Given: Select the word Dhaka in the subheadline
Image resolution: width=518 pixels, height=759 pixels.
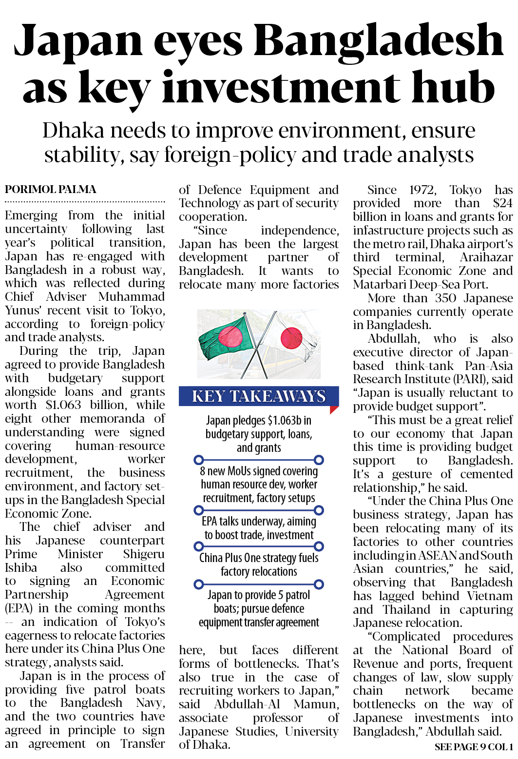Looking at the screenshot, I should pyautogui.click(x=73, y=131).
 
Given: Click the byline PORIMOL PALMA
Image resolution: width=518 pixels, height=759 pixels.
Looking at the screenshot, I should pyautogui.click(x=51, y=189).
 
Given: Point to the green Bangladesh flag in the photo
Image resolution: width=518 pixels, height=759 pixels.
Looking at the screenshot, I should pyautogui.click(x=225, y=336).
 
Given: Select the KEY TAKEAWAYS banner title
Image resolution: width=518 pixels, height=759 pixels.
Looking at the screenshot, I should pyautogui.click(x=258, y=396).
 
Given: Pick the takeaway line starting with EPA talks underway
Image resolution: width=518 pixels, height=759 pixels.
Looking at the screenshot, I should pyautogui.click(x=259, y=522).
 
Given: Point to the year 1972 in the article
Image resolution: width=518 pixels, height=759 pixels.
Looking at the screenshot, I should pyautogui.click(x=422, y=190).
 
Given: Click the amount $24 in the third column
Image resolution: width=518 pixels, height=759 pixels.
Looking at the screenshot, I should pyautogui.click(x=502, y=203).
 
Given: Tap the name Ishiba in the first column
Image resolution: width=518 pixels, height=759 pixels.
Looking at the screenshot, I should pyautogui.click(x=21, y=568).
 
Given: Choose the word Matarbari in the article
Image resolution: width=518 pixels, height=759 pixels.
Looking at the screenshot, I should pyautogui.click(x=378, y=285).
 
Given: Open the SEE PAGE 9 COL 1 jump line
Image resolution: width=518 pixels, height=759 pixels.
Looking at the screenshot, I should pyautogui.click(x=473, y=747).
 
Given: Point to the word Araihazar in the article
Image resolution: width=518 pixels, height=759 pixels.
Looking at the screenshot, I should pyautogui.click(x=486, y=257).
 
